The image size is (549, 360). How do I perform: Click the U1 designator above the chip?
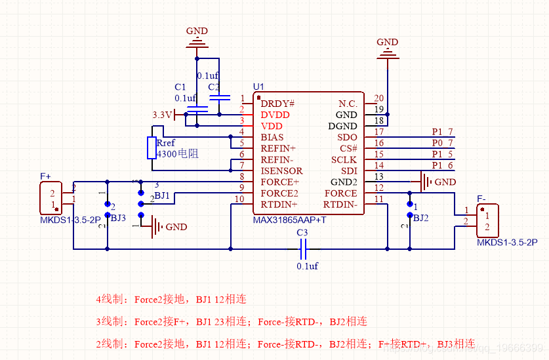[x=258, y=87]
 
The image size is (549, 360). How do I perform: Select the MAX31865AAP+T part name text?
[x=289, y=220]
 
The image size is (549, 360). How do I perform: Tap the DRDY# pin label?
[x=277, y=103]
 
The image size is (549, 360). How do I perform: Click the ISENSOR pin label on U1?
[x=281, y=170]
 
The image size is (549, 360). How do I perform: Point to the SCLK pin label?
[x=344, y=159]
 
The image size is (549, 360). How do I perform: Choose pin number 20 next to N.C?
[x=378, y=99]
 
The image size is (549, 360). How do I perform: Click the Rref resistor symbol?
[x=151, y=148]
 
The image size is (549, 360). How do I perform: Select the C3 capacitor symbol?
[x=303, y=249]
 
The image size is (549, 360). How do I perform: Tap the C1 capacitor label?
[x=180, y=87]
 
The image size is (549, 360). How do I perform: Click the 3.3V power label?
[x=161, y=115]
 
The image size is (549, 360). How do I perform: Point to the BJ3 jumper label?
[x=119, y=217]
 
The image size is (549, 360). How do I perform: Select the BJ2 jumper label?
[x=421, y=217]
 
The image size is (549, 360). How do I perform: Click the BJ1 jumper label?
[x=162, y=195]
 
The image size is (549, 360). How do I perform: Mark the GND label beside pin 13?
[x=445, y=182]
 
